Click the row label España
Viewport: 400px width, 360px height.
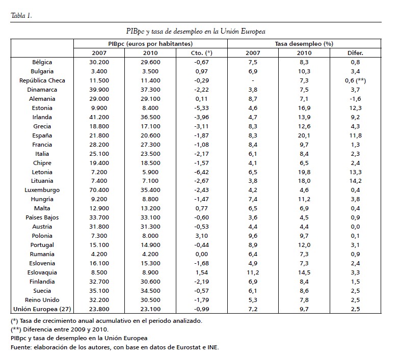point(42,135)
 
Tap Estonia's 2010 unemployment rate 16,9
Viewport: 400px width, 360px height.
point(304,108)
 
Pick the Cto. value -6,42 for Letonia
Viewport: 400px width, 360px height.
point(202,172)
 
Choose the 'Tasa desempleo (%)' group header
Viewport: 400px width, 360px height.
point(304,44)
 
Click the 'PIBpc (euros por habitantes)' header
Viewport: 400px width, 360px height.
point(150,44)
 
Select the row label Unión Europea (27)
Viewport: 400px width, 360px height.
point(42,309)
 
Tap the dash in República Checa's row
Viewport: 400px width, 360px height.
point(253,80)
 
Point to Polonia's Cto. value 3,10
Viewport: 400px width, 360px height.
point(202,236)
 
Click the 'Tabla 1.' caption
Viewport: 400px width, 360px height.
point(21,15)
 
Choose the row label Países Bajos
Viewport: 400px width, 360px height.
point(42,217)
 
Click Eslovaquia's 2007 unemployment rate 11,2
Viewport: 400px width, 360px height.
point(253,272)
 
